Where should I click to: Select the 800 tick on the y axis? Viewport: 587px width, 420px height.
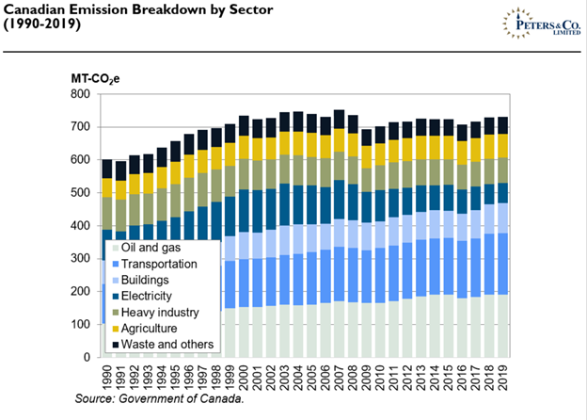point(83,94)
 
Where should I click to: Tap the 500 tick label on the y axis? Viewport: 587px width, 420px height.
point(83,193)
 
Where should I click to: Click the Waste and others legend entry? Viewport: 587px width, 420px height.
point(162,345)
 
